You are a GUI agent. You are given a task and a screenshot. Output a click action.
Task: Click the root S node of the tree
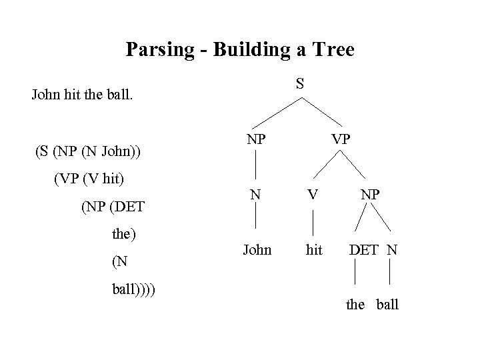301,83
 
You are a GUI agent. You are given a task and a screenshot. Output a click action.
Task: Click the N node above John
256,195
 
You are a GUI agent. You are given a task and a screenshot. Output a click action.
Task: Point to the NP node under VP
370,195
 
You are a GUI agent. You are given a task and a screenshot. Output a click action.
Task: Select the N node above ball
392,250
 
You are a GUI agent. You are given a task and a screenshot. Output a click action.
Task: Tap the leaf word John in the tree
257,250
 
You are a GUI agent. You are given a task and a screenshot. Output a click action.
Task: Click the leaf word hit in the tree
314,250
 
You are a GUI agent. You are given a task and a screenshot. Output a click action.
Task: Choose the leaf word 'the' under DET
355,305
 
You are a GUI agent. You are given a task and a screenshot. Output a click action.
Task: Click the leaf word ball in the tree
387,305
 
